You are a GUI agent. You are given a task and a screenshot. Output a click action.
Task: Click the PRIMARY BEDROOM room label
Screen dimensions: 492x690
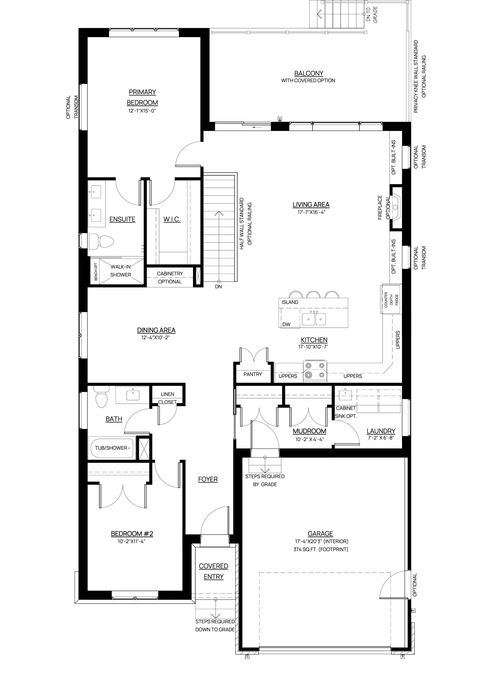point(142,97)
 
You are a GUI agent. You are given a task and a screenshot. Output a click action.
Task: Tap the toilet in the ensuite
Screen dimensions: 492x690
point(101,241)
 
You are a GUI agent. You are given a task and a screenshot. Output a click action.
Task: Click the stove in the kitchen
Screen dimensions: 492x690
point(315,371)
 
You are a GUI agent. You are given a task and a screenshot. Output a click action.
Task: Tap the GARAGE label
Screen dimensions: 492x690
point(321,533)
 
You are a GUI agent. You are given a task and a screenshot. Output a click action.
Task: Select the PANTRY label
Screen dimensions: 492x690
point(253,374)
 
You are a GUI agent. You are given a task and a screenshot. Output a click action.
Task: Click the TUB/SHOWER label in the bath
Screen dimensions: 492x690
point(111,448)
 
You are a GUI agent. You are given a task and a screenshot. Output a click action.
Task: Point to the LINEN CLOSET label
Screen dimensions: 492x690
point(167,398)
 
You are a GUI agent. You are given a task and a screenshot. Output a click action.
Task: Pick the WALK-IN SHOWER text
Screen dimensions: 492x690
point(121,271)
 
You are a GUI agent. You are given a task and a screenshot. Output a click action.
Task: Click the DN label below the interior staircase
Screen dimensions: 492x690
point(218,287)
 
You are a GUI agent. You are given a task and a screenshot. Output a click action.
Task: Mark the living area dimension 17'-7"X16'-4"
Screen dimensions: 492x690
point(311,212)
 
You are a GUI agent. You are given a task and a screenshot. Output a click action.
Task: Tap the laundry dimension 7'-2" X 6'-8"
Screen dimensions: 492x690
point(381,438)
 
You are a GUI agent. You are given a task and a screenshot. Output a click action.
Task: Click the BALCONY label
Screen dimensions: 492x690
point(309,73)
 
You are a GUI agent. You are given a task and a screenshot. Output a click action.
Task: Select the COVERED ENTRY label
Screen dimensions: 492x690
point(214,571)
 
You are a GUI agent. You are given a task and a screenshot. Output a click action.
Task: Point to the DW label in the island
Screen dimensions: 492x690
point(286,325)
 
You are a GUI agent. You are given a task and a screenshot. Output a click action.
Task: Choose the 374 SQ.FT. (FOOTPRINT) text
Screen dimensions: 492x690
point(321,549)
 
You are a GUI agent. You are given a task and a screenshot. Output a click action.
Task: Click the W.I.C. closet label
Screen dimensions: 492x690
point(172,219)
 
